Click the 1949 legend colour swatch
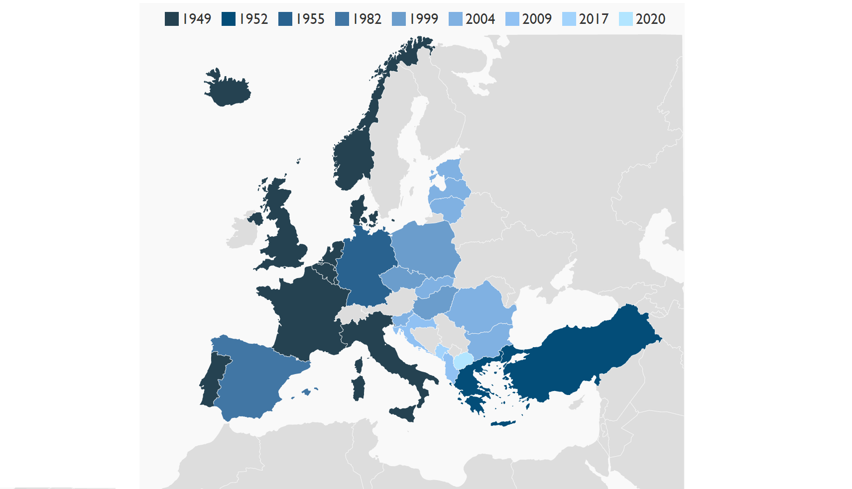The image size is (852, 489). click(172, 19)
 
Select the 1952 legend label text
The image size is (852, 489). click(253, 19)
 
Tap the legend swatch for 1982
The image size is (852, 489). click(342, 19)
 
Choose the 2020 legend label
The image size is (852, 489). click(650, 19)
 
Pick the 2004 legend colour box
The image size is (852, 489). click(456, 19)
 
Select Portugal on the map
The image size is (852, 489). click(212, 381)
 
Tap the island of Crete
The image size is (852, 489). click(503, 423)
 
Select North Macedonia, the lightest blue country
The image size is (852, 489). click(463, 360)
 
